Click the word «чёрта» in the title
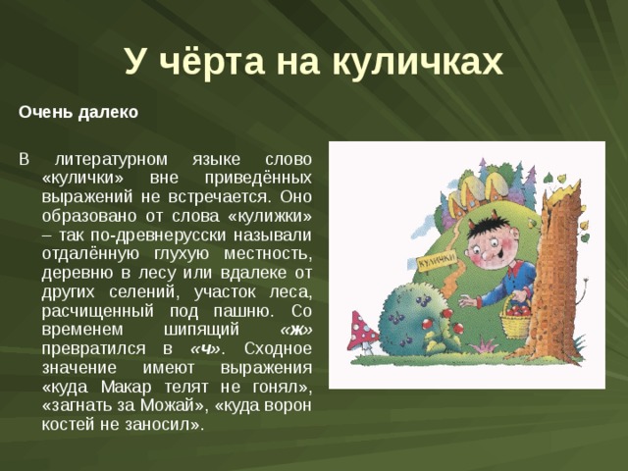click(x=213, y=61)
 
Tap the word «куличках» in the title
click(x=417, y=62)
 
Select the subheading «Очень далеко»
click(x=78, y=112)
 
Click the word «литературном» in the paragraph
click(x=111, y=159)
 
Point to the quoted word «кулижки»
click(x=269, y=216)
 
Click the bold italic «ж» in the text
click(x=296, y=330)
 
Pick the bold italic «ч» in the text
click(x=205, y=349)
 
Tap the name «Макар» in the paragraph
click(x=127, y=387)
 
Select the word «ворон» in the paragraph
click(x=288, y=405)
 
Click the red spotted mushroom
click(x=362, y=332)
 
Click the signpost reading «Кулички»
click(x=438, y=261)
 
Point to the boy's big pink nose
click(x=486, y=255)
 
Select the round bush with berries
click(x=408, y=317)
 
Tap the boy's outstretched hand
click(x=467, y=300)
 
